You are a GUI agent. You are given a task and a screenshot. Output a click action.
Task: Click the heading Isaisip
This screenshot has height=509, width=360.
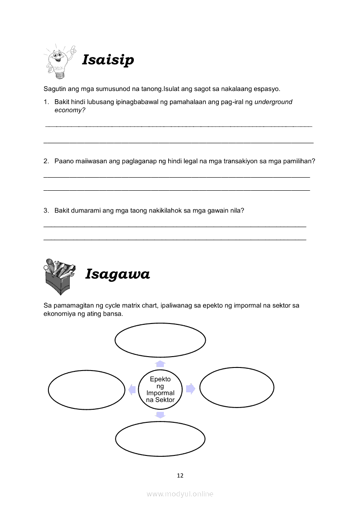click(x=108, y=60)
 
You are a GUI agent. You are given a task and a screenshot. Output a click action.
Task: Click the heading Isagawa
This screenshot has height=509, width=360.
click(x=117, y=274)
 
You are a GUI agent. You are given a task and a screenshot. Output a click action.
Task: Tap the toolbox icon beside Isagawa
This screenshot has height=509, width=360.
click(x=60, y=276)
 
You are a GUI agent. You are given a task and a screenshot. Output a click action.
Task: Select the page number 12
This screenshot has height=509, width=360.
click(x=180, y=475)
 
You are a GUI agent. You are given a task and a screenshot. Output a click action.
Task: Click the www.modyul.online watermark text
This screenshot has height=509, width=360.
click(x=180, y=494)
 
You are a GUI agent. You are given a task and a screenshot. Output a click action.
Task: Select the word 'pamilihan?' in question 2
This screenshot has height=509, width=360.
click(x=299, y=161)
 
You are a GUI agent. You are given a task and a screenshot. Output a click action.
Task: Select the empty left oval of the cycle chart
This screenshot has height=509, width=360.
click(x=87, y=390)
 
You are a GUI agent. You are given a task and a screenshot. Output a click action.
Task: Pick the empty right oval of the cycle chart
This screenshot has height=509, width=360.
click(x=237, y=388)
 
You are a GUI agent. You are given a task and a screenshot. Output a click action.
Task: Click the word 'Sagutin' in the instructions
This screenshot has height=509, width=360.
click(x=55, y=89)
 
